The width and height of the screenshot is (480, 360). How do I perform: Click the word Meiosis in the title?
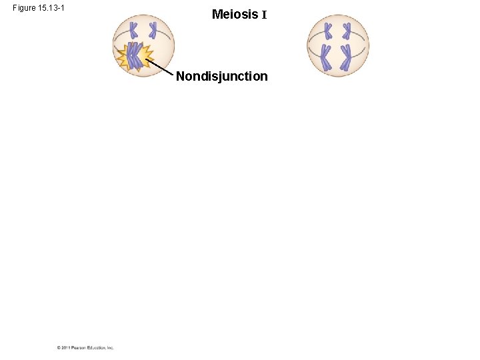(x=235, y=14)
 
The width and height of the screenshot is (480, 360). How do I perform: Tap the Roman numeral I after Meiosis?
(x=264, y=15)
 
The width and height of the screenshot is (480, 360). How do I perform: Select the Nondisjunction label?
(x=222, y=77)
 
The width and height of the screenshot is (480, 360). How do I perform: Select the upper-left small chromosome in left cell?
(x=133, y=29)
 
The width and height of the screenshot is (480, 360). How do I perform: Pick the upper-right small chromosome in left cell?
(x=153, y=29)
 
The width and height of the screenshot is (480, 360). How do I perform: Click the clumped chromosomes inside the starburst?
(x=135, y=56)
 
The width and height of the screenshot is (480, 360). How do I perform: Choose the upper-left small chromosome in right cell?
(x=328, y=30)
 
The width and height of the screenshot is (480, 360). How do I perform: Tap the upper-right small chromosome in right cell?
(x=347, y=30)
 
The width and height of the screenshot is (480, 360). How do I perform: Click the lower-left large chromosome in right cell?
(x=326, y=57)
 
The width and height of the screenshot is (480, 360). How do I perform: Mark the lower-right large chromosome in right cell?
(x=346, y=57)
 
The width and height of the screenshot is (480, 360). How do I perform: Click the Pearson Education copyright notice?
(x=85, y=347)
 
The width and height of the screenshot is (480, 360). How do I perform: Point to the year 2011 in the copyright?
(x=65, y=347)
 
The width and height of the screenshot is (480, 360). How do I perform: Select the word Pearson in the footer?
(x=78, y=347)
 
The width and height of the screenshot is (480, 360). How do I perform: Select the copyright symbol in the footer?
(x=59, y=347)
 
